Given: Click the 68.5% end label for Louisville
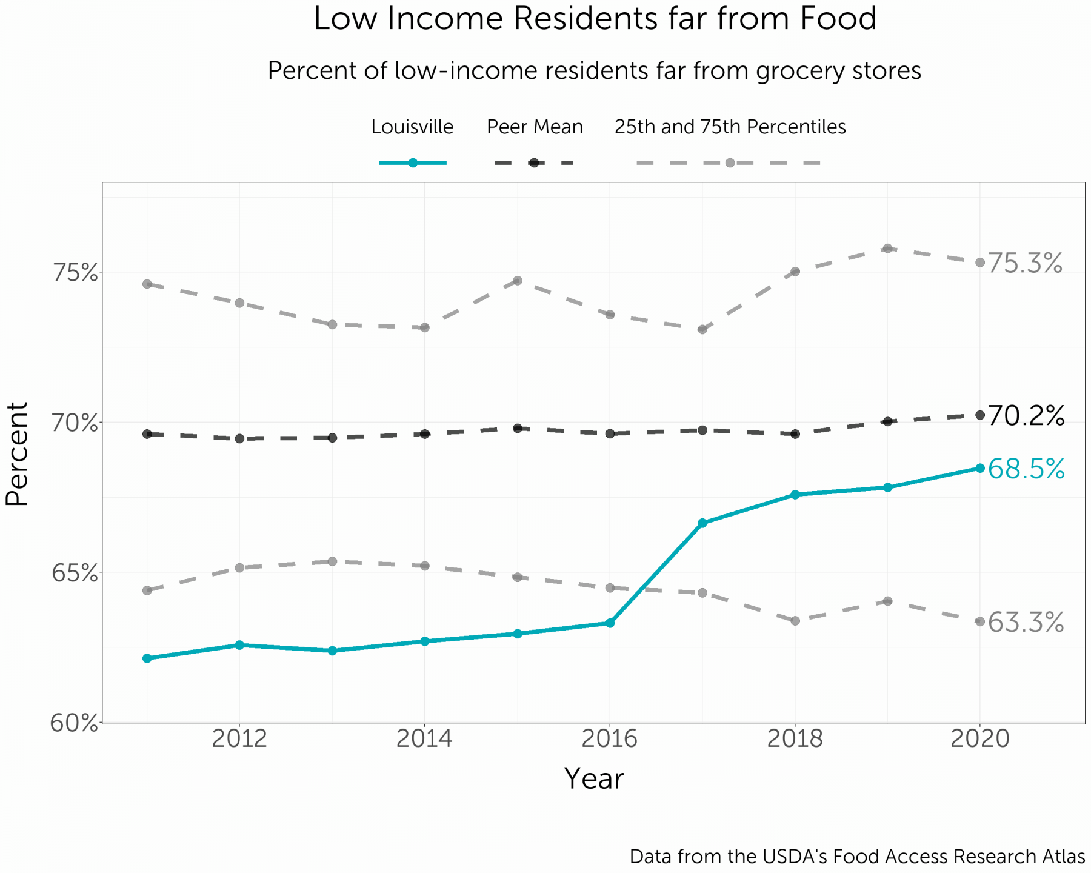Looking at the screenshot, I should tap(1026, 469).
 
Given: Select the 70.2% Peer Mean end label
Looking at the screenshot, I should tap(1026, 416).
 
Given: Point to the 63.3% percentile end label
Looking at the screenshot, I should tap(1026, 623).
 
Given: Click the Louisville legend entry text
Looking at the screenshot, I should tap(412, 127).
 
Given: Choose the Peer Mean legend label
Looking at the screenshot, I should tap(535, 127).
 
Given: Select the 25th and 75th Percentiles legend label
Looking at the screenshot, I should tap(730, 127).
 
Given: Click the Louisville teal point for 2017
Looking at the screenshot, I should tap(702, 523).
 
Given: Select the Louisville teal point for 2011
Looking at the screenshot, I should tap(147, 658).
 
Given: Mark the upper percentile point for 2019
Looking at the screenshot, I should tap(887, 249).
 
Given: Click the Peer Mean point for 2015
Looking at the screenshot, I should tap(518, 428).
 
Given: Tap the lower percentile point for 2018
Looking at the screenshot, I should tap(795, 621).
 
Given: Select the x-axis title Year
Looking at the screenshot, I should tap(593, 779).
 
